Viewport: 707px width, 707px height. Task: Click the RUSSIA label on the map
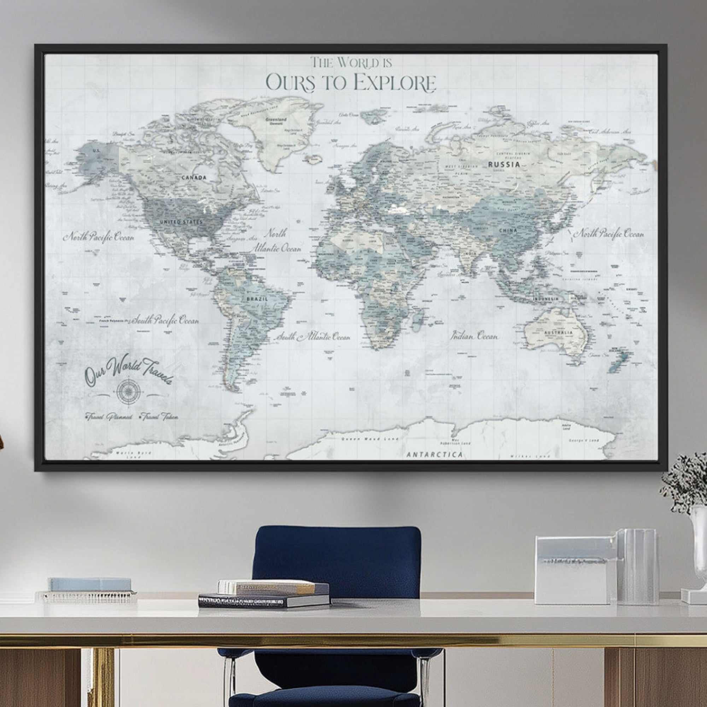[504, 164]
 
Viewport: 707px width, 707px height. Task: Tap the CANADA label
[194, 177]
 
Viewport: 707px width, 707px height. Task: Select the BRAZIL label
[257, 299]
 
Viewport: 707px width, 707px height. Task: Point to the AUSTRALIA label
[558, 333]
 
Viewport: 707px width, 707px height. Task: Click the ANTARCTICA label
[435, 455]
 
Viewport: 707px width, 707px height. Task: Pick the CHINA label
[508, 230]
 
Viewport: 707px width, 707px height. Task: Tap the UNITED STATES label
[181, 222]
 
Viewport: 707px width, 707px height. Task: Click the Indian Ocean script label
[474, 336]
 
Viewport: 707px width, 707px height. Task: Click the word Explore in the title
[395, 83]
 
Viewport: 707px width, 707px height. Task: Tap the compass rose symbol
[128, 391]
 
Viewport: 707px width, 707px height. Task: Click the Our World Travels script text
[128, 370]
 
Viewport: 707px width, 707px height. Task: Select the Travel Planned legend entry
[108, 417]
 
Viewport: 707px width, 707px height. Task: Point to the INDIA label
[470, 253]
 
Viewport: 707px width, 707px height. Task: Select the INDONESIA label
[545, 299]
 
